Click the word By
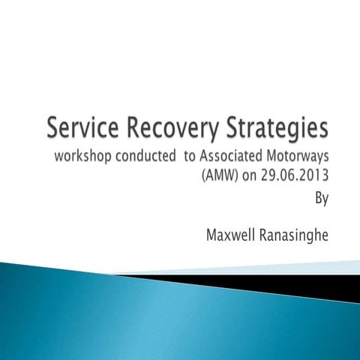pos(322,199)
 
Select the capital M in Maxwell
pos(212,235)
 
